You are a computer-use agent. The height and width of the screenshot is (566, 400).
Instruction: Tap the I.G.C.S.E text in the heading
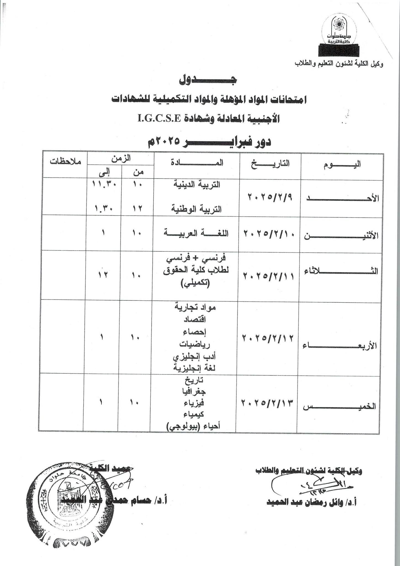pyautogui.click(x=159, y=119)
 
